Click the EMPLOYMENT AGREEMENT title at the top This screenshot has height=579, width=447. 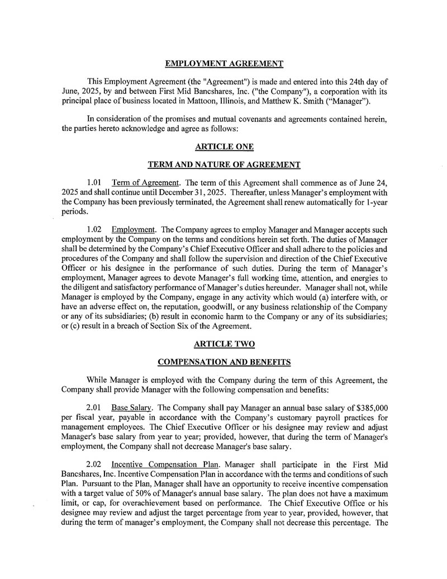tap(224, 63)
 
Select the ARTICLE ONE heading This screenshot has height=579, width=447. tap(224, 147)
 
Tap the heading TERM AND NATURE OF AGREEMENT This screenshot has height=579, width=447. tap(224, 164)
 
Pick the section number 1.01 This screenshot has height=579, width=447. tap(95, 183)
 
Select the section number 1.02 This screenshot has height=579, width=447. tap(95, 230)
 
